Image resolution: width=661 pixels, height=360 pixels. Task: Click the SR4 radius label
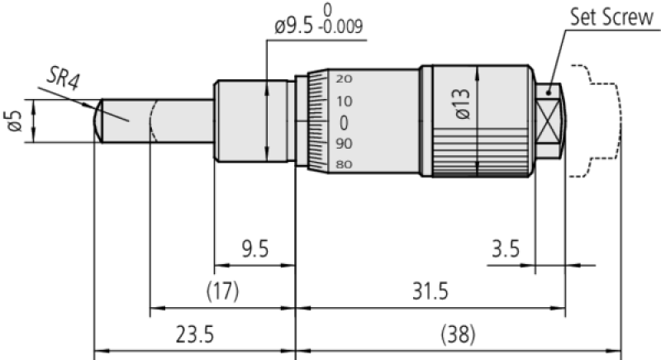point(63,78)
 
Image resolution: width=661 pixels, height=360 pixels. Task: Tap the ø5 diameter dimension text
point(15,121)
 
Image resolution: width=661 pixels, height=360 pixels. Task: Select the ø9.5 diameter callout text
point(293,27)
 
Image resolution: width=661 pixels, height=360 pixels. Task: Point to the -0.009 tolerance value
point(340,26)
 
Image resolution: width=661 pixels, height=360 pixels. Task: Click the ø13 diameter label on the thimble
point(463,103)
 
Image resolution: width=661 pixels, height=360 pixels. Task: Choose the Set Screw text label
point(611,17)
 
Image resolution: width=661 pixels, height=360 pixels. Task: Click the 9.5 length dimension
point(255,249)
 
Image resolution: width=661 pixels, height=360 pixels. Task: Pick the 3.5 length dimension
point(506,249)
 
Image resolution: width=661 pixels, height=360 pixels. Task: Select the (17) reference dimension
point(222,291)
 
